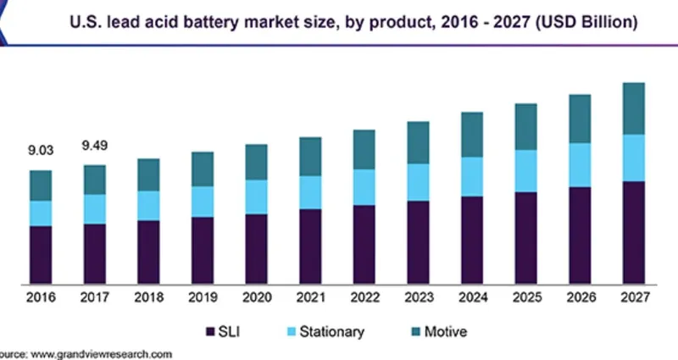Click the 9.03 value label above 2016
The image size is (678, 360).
point(41,151)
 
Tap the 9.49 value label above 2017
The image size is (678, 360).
point(95,146)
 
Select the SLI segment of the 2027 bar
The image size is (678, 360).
point(634,232)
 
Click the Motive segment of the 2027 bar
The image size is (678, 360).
point(634,108)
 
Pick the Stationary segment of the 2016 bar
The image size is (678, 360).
point(41,213)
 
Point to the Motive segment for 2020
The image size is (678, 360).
point(257,162)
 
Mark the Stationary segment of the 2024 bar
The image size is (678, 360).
point(472,176)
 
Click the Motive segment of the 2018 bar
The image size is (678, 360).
point(148,174)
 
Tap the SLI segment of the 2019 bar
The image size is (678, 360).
point(203,250)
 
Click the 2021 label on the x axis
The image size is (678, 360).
point(310,297)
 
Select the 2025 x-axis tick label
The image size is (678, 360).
point(526,297)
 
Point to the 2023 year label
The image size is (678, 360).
point(418,297)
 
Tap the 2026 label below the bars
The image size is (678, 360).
point(580,297)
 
